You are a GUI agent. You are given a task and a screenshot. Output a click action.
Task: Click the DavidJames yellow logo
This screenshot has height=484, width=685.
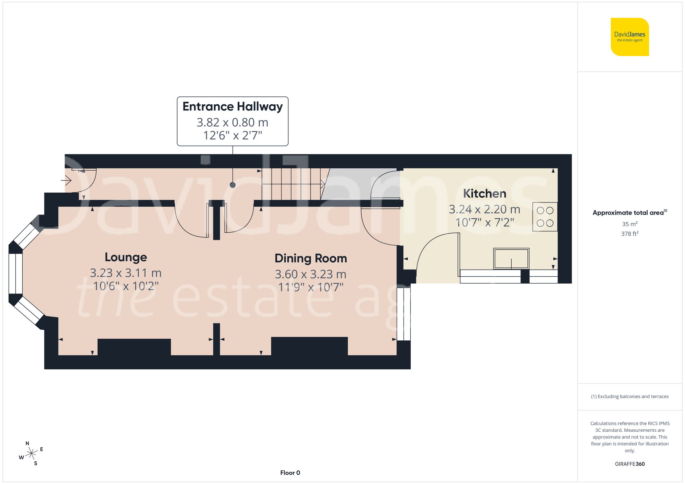[x=630, y=37]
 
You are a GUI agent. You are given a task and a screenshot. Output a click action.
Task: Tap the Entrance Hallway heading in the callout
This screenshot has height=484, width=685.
[x=233, y=107]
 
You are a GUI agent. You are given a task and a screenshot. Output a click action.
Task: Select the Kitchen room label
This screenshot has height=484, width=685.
[x=484, y=194]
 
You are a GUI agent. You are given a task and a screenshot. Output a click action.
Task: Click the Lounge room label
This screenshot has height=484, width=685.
[x=126, y=257]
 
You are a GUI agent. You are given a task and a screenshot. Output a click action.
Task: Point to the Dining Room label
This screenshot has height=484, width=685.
[x=311, y=258]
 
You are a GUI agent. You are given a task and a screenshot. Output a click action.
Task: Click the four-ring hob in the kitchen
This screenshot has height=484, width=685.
[x=545, y=217]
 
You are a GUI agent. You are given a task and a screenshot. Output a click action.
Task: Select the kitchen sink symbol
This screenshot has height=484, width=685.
[x=511, y=259]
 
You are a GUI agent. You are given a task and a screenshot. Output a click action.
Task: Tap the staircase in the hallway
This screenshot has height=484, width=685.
[x=291, y=184]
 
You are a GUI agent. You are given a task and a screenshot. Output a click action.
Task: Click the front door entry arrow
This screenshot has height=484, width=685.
[x=66, y=180]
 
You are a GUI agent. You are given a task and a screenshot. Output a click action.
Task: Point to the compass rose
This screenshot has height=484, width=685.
[x=31, y=454]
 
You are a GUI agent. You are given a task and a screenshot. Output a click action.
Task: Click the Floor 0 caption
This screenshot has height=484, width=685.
[x=290, y=473]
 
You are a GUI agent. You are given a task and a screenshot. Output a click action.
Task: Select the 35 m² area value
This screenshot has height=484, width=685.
[x=630, y=224]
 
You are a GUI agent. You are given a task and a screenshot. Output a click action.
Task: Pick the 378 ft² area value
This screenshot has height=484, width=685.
[x=630, y=234]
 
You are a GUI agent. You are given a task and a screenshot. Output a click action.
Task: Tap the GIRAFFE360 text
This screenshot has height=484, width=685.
[x=630, y=464]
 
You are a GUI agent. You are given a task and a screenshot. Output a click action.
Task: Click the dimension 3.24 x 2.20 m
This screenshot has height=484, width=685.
[x=484, y=209]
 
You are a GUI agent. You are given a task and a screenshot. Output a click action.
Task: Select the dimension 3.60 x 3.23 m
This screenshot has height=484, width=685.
[x=311, y=274]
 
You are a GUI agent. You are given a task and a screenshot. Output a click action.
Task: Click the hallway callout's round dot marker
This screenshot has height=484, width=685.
[x=233, y=185]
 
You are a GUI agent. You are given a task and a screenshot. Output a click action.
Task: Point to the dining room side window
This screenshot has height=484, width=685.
[x=403, y=314]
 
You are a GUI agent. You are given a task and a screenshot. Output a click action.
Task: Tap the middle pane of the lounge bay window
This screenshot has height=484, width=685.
[x=15, y=273]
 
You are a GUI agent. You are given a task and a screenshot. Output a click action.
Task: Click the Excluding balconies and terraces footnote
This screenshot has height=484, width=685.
[x=630, y=396]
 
